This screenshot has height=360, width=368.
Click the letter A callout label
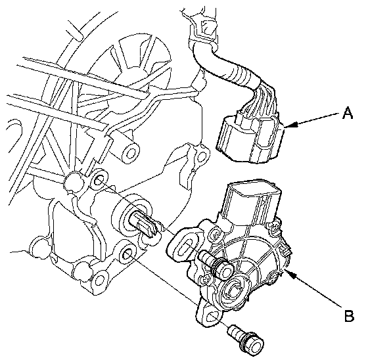click(x=348, y=112)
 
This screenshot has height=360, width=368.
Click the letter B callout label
click(x=349, y=315)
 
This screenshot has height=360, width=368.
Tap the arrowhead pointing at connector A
click(x=291, y=125)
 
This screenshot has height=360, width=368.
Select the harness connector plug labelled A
click(x=250, y=139)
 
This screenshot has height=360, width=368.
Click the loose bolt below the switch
click(x=246, y=338)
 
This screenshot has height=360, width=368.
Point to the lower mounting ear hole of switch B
click(x=213, y=317)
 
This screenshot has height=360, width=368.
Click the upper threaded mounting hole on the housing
click(x=99, y=181)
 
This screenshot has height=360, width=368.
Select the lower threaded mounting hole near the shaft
click(x=128, y=254)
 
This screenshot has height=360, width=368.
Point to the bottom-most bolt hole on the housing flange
click(x=100, y=280)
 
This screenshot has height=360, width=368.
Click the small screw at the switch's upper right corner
click(x=274, y=227)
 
